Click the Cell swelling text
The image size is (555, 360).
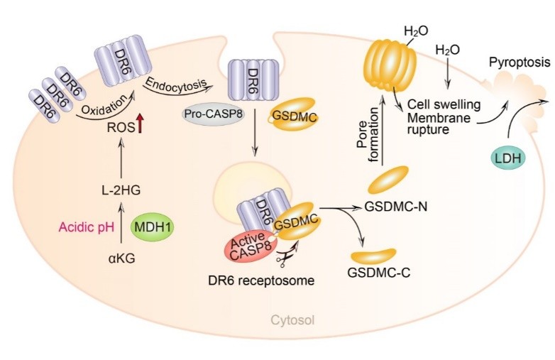[444, 104]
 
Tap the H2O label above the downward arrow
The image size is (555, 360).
[446, 50]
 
